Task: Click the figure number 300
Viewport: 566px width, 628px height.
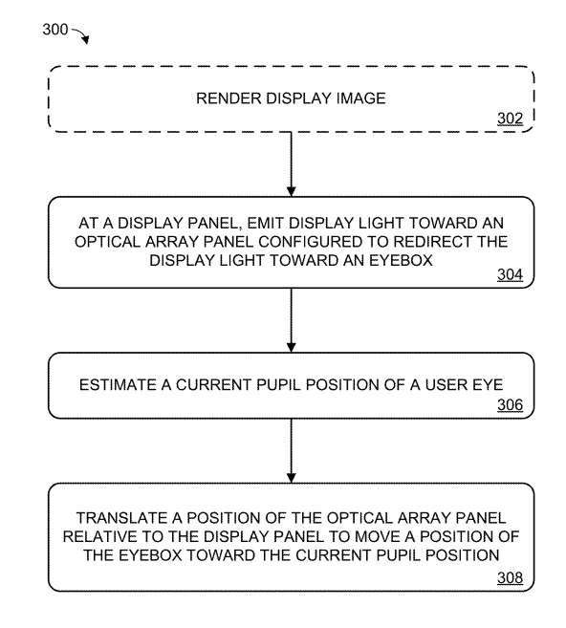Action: tap(55, 30)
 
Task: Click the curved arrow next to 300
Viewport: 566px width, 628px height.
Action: tap(81, 34)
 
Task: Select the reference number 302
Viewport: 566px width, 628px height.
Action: tap(510, 119)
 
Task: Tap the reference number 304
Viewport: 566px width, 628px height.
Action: tap(510, 274)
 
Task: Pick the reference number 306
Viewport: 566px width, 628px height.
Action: tap(510, 405)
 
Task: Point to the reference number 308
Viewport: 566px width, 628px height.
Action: tap(510, 577)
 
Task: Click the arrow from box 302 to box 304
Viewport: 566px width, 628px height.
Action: tap(292, 164)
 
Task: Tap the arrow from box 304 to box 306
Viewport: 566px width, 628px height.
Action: tap(292, 320)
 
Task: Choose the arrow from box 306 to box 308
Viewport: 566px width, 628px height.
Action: tap(292, 451)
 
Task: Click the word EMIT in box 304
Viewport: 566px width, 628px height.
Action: tap(262, 223)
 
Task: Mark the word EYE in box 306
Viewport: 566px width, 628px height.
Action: tap(488, 385)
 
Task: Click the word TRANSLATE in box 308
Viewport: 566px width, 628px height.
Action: tap(122, 518)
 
